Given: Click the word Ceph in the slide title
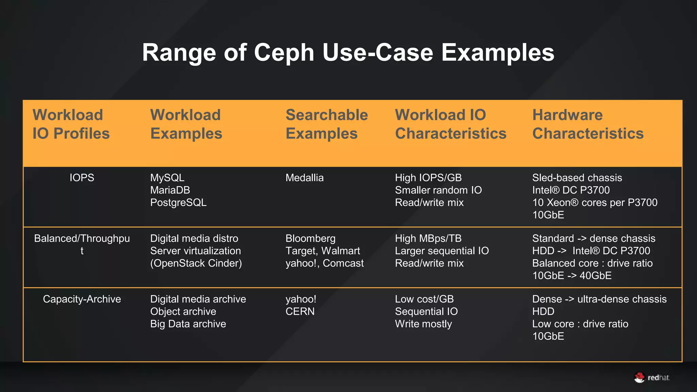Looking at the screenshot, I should pyautogui.click(x=284, y=53).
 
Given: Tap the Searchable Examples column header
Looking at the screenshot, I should pyautogui.click(x=326, y=124).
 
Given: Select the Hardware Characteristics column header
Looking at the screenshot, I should pyautogui.click(x=588, y=124).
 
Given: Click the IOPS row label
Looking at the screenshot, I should pyautogui.click(x=82, y=178).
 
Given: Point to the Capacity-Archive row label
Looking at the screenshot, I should pyautogui.click(x=82, y=299).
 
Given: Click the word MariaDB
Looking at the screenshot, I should pyautogui.click(x=170, y=190).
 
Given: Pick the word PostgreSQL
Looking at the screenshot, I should pyautogui.click(x=178, y=202).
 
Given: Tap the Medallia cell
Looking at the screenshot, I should pyautogui.click(x=304, y=178).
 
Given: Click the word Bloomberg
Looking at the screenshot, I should pyautogui.click(x=310, y=239).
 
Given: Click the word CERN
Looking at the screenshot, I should pyautogui.click(x=300, y=311).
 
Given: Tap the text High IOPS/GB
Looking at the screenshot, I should pyautogui.click(x=428, y=178).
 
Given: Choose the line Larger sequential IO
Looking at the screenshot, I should pyautogui.click(x=442, y=251).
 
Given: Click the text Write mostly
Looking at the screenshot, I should pyautogui.click(x=423, y=324).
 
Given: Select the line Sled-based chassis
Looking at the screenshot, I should pyautogui.click(x=577, y=178).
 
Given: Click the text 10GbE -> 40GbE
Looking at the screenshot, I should pyautogui.click(x=572, y=276).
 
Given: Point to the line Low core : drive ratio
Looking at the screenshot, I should pyautogui.click(x=580, y=324).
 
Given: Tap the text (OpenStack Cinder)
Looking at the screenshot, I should pyautogui.click(x=196, y=263).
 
